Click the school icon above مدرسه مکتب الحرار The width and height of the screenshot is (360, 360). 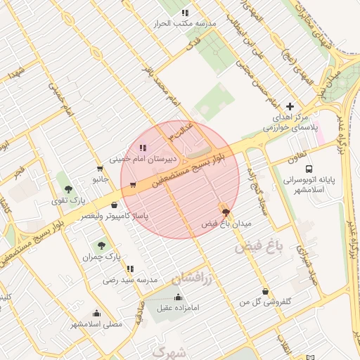(x=185, y=13)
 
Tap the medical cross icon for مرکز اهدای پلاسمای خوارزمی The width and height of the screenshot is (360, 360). (x=290, y=105)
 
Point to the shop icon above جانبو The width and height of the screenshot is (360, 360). (x=99, y=169)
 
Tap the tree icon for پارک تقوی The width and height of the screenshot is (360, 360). (x=68, y=189)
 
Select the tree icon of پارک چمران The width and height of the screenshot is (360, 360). (x=101, y=246)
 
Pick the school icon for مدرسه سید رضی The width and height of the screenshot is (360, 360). (x=130, y=269)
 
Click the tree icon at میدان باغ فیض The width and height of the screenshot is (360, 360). (x=225, y=212)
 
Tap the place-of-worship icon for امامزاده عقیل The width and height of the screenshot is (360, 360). (x=177, y=297)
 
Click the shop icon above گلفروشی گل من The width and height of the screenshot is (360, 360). (x=264, y=291)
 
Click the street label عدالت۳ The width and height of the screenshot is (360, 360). (x=179, y=129)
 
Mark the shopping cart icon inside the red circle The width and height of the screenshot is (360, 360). (x=133, y=186)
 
